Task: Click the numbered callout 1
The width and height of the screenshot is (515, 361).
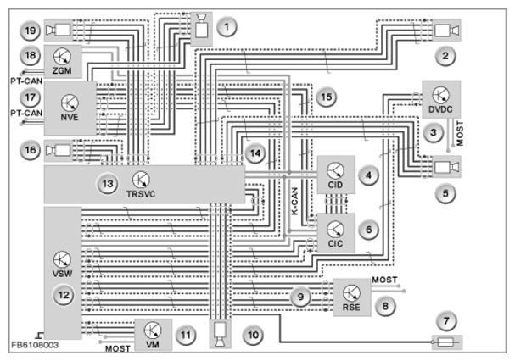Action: click(x=227, y=27)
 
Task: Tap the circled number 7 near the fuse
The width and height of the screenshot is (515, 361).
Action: click(x=446, y=320)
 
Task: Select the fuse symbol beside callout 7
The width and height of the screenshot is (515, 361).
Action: click(x=446, y=342)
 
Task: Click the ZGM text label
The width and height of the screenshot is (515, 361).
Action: click(x=62, y=70)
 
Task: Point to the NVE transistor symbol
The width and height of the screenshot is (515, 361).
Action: click(x=70, y=103)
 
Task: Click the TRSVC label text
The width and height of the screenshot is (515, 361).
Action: click(x=141, y=193)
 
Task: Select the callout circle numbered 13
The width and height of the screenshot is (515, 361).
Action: click(x=108, y=184)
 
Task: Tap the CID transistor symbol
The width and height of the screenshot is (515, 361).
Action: click(x=335, y=170)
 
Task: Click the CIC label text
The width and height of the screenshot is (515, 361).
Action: click(x=335, y=243)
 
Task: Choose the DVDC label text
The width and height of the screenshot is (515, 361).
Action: click(x=440, y=109)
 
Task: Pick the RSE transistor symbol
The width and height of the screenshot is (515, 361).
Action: click(x=351, y=292)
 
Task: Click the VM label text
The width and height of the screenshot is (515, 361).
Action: click(x=153, y=344)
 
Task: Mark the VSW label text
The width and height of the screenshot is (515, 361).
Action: click(x=62, y=273)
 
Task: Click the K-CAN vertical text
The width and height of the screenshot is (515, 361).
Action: click(x=294, y=201)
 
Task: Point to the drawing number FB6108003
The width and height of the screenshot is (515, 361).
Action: click(x=35, y=345)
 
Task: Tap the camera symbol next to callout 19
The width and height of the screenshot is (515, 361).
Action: click(x=59, y=31)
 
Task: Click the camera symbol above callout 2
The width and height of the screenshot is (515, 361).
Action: click(x=446, y=31)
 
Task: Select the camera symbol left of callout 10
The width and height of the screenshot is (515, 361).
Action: click(x=220, y=335)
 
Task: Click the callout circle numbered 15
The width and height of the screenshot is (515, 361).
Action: click(x=326, y=97)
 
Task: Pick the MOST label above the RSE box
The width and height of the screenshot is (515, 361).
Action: click(x=384, y=280)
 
